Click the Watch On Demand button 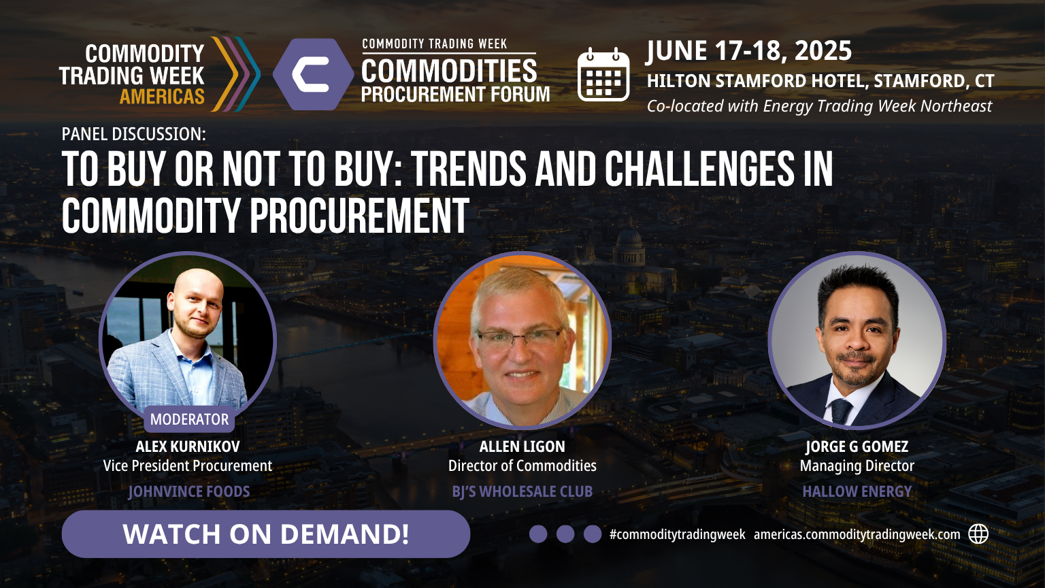pos(266,534)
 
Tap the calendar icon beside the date pos(603,75)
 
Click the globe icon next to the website pos(978,534)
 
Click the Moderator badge pos(189,419)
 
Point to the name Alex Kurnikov pos(188,446)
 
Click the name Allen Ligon pos(522,446)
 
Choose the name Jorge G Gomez pos(857,446)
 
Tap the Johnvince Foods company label pos(189,491)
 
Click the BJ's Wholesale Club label pos(522,491)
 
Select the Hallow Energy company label pos(857,491)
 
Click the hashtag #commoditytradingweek pos(678,535)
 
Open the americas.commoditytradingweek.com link pos(857,535)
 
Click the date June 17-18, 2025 pos(749,51)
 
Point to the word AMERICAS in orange pos(163,97)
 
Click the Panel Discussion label pos(133,134)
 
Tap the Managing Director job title pos(857,466)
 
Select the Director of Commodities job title pos(522,465)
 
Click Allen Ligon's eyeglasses pos(520,339)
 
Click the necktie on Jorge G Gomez pos(841,410)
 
